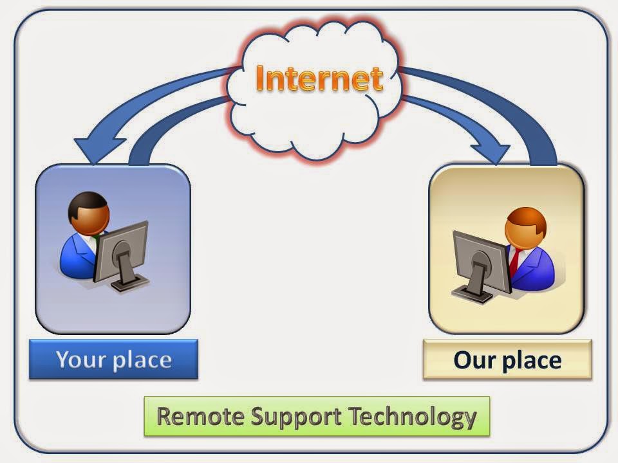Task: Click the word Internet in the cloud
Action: [x=319, y=78]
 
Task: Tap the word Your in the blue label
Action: [x=79, y=359]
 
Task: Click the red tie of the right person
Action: [x=514, y=260]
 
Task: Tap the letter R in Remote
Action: [x=164, y=417]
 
